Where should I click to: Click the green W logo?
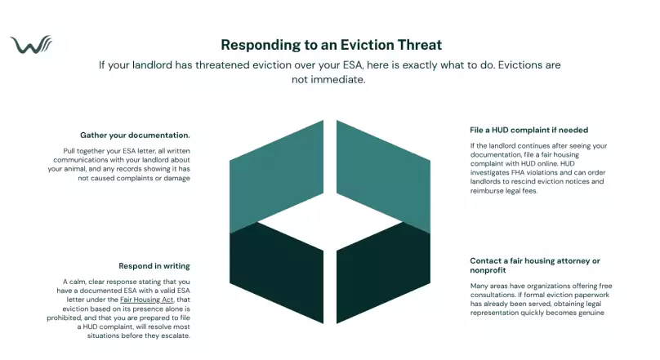pyautogui.click(x=31, y=44)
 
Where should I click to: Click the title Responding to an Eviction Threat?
pyautogui.click(x=331, y=44)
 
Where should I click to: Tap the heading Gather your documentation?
pyautogui.click(x=135, y=135)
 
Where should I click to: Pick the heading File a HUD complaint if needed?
pyautogui.click(x=529, y=130)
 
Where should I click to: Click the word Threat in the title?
pyautogui.click(x=414, y=44)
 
